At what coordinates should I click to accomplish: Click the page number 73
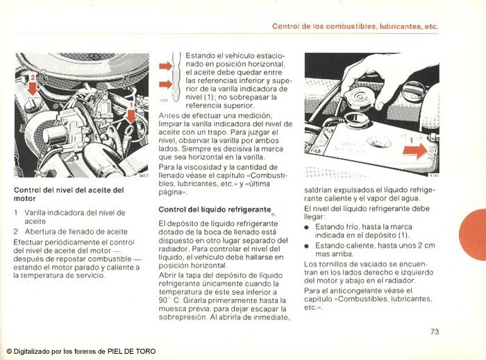tap(435, 332)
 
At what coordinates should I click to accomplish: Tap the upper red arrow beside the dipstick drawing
tap(165, 67)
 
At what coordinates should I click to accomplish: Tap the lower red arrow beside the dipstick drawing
tap(165, 85)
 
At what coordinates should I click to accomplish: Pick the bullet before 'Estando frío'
tap(308, 227)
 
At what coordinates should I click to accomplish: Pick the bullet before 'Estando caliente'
tap(308, 246)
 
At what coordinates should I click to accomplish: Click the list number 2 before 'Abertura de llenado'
tap(16, 232)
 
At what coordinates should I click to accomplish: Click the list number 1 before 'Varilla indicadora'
tap(16, 213)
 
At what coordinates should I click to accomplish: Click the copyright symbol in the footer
tap(9, 351)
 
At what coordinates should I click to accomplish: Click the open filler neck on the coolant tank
tap(358, 118)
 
